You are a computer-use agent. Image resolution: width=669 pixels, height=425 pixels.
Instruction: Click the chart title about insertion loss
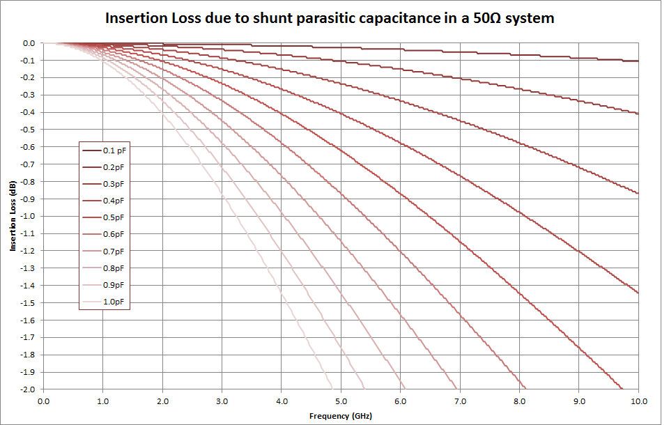point(330,18)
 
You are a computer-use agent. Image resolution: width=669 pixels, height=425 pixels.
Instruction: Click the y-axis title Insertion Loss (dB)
point(13,216)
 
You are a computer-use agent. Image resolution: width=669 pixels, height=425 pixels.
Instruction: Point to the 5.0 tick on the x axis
point(341,401)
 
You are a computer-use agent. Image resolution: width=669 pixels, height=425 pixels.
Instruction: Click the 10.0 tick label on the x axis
point(638,401)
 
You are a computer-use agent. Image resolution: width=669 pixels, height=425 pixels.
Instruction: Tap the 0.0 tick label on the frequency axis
point(43,401)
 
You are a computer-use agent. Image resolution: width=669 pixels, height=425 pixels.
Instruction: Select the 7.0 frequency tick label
point(460,401)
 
